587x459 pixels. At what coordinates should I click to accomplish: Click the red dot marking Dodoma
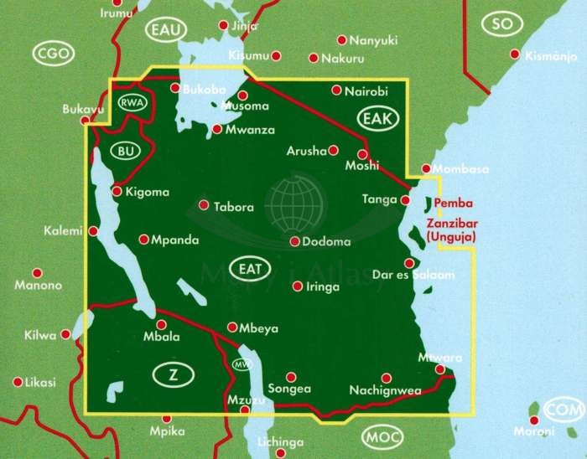tap(295, 241)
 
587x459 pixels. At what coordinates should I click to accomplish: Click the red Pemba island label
tap(455, 204)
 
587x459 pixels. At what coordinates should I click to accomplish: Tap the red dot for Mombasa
tap(426, 168)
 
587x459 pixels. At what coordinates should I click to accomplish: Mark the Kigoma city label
tap(146, 192)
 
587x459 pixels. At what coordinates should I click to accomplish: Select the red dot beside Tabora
tap(203, 204)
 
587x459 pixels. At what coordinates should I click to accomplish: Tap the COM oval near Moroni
tap(562, 410)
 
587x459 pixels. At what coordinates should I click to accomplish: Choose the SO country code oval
tap(501, 23)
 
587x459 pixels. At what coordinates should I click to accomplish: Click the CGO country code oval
tap(55, 54)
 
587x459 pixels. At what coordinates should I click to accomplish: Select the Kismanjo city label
tap(550, 56)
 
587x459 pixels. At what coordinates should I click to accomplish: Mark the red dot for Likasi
tap(18, 382)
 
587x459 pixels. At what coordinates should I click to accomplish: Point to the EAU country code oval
tap(166, 31)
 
